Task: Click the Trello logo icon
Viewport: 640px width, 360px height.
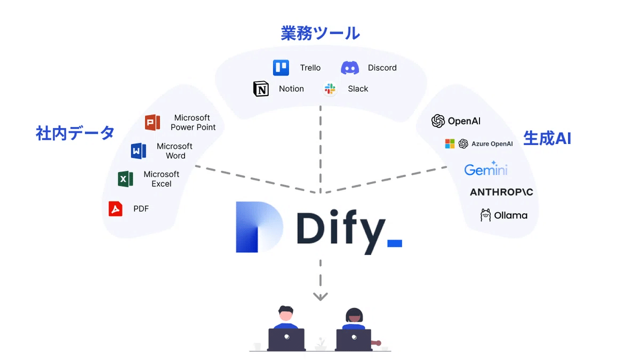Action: coord(281,68)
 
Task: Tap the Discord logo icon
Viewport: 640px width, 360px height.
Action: coord(350,68)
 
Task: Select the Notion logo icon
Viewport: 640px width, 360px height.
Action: coord(261,89)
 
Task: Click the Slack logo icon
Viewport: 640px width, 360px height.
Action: coord(330,89)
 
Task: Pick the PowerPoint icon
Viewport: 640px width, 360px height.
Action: coord(153,123)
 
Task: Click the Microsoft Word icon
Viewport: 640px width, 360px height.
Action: coord(139,151)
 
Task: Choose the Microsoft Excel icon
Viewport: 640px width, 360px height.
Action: coord(125,179)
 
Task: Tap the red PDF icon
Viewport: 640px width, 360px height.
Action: coord(115,209)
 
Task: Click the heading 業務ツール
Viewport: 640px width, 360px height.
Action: coord(320,33)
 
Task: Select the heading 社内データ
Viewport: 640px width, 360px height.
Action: coord(75,132)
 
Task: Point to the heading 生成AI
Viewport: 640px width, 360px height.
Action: coord(547,138)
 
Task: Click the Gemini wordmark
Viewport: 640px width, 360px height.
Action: coord(485,169)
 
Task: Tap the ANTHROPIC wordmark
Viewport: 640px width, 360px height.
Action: coord(501,192)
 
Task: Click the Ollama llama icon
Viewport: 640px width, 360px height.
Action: coord(485,215)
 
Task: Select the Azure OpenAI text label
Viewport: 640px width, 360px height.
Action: coord(492,144)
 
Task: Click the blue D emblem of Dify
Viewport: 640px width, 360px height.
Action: coord(259,227)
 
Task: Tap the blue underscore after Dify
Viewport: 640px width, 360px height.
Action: coord(394,243)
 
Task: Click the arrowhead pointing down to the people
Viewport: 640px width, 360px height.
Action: coord(320,297)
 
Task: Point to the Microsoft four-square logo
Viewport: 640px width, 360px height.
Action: coord(450,144)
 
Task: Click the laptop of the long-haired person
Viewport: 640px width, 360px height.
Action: coord(354,339)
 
